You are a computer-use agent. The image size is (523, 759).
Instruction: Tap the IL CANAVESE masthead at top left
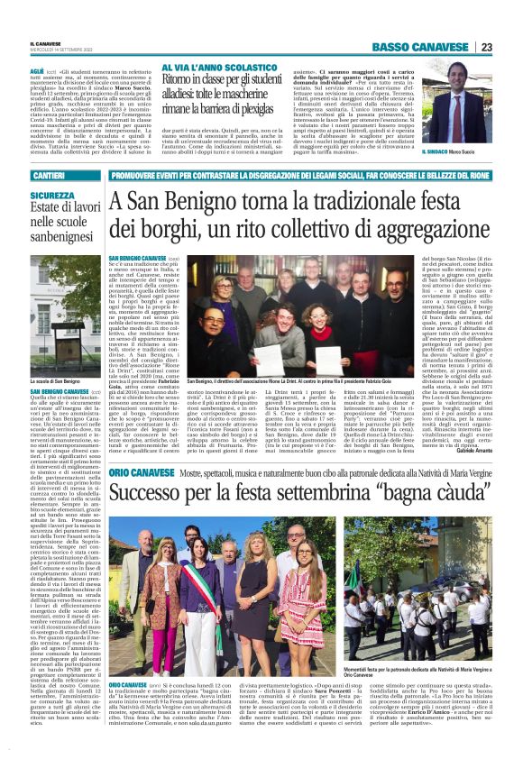pyautogui.click(x=46, y=44)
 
